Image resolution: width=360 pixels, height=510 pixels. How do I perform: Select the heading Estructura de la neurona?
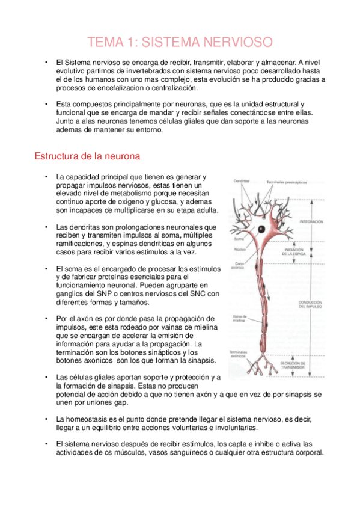(88, 156)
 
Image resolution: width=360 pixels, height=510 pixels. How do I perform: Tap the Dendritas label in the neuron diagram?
(242, 181)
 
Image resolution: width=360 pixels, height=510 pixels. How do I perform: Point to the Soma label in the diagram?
(239, 239)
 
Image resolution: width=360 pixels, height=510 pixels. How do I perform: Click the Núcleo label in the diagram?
(240, 248)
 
